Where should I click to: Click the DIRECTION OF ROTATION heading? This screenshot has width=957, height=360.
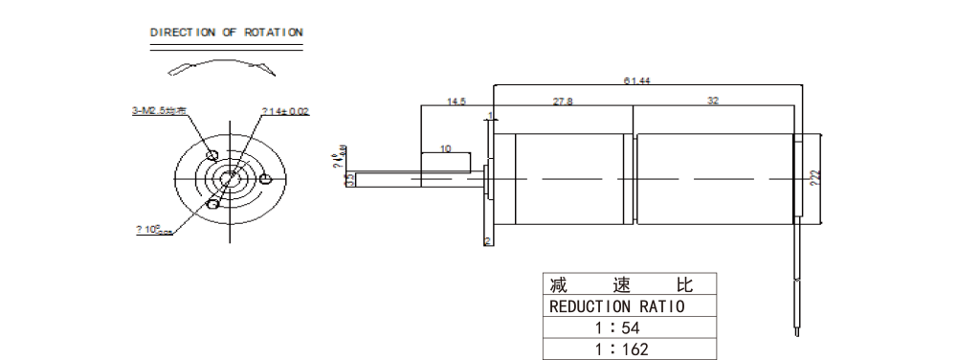click(226, 33)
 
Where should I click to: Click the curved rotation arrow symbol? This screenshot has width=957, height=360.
click(219, 66)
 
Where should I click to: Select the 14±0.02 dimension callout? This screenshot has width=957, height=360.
click(285, 112)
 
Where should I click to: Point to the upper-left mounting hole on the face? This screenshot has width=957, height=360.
click(212, 156)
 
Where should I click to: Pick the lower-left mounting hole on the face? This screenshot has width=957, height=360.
click(213, 203)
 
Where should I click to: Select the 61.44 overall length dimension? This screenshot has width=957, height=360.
click(637, 81)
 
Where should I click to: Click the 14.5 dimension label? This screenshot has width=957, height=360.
click(456, 101)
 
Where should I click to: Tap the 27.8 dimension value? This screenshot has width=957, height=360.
click(563, 101)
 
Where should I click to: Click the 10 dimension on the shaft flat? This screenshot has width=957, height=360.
click(445, 148)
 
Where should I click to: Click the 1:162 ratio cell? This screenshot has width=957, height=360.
click(623, 349)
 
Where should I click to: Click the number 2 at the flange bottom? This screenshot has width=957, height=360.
click(488, 241)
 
